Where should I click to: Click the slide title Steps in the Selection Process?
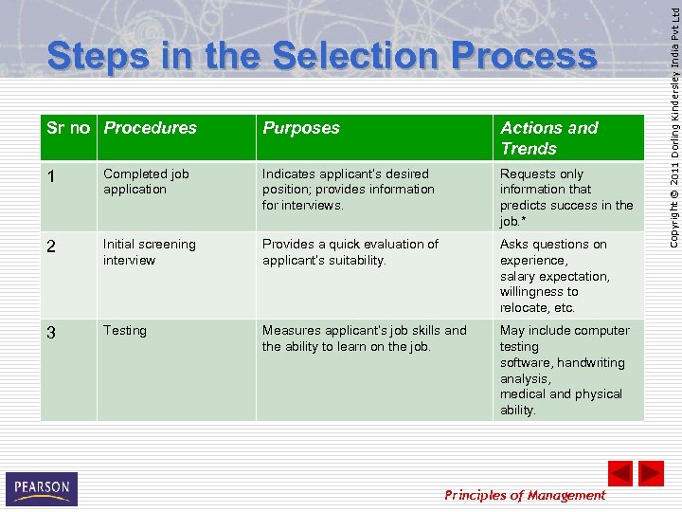point(322,57)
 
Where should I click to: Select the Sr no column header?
point(68,128)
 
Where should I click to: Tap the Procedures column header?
point(151,128)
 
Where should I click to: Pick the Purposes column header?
point(301,128)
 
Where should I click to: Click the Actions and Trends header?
point(549,138)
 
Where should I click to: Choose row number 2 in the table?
point(51,246)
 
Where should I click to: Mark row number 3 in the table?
point(51,332)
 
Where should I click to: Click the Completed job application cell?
point(146,181)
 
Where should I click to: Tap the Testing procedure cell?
point(125,331)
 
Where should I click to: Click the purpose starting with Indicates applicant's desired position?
point(349,189)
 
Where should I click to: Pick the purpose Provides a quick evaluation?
point(350,252)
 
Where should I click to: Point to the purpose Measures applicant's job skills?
point(365,338)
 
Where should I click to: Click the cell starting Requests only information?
point(566,197)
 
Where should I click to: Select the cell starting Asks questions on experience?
point(555,276)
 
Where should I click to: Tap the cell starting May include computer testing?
point(565,370)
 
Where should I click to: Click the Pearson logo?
point(42,489)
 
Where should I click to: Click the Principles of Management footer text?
point(525,495)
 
